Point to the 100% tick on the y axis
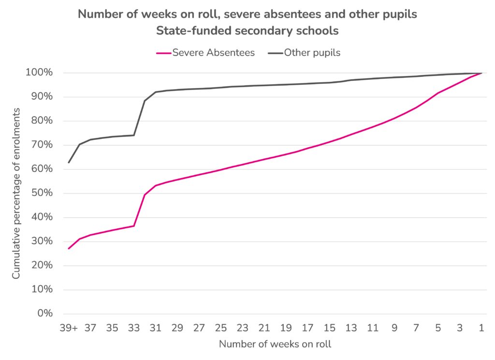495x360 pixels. [39, 73]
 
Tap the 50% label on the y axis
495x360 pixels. [41, 194]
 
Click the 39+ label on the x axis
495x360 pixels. [69, 328]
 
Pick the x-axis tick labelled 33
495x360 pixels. [134, 328]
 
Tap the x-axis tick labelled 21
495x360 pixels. [264, 328]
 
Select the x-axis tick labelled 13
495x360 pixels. [351, 328]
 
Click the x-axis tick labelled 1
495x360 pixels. [481, 328]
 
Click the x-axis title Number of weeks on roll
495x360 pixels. [275, 345]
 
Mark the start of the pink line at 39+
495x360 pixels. [69, 249]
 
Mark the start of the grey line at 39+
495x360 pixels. [69, 163]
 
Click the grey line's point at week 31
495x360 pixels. [156, 92]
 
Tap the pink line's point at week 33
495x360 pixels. [134, 226]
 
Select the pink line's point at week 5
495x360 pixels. [438, 93]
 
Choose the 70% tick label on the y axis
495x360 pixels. [41, 145]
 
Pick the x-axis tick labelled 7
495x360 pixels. [416, 328]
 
